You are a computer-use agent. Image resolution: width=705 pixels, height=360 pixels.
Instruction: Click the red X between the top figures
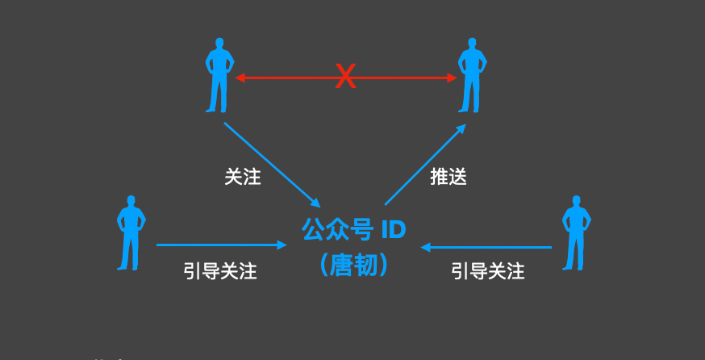click(x=345, y=77)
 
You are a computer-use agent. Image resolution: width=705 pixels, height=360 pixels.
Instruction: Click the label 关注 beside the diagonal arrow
click(x=243, y=178)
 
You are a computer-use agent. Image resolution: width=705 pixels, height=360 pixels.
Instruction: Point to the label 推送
click(x=448, y=178)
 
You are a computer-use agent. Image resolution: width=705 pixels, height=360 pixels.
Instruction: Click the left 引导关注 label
click(x=220, y=271)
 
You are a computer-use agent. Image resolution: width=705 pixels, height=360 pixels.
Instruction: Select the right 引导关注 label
click(x=488, y=271)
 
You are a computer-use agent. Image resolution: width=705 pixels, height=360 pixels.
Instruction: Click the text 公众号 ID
click(x=353, y=230)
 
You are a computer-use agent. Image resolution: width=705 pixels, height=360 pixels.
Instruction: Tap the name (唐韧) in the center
click(x=353, y=264)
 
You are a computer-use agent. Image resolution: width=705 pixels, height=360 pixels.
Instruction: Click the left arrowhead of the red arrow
click(x=240, y=78)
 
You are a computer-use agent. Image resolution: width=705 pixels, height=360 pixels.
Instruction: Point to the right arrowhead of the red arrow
click(x=452, y=78)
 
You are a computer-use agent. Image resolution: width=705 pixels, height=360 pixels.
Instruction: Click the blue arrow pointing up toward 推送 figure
click(x=425, y=165)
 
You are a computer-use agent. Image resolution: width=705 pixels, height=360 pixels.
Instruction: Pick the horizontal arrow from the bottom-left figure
click(x=221, y=245)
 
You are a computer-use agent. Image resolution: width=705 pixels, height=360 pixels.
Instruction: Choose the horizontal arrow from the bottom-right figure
click(x=486, y=247)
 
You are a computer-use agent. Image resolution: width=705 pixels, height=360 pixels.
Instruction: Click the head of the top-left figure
click(x=219, y=42)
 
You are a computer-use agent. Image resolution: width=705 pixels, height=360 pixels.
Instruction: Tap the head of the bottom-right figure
click(x=576, y=199)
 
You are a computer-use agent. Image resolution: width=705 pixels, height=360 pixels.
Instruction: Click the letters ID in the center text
click(x=393, y=230)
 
